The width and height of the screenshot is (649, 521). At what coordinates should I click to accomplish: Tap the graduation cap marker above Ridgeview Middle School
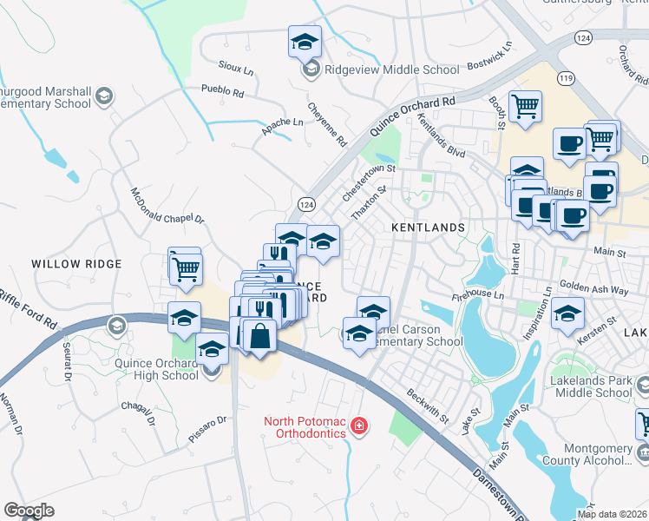(x=305, y=41)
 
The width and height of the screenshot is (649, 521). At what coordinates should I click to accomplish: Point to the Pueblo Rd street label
(x=222, y=90)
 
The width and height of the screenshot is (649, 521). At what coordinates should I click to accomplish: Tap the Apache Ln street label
(x=283, y=128)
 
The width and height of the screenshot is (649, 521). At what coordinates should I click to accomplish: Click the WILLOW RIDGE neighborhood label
(x=76, y=262)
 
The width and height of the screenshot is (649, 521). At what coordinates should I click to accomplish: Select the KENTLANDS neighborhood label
(x=429, y=228)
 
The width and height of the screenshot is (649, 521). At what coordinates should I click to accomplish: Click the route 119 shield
(x=567, y=78)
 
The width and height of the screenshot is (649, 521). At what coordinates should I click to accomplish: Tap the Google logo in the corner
(x=29, y=511)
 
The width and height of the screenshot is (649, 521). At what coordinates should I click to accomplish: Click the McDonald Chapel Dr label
(x=167, y=207)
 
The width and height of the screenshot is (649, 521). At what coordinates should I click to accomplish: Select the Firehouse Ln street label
(x=478, y=296)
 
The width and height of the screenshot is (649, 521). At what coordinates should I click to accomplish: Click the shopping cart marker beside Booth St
(x=525, y=107)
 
